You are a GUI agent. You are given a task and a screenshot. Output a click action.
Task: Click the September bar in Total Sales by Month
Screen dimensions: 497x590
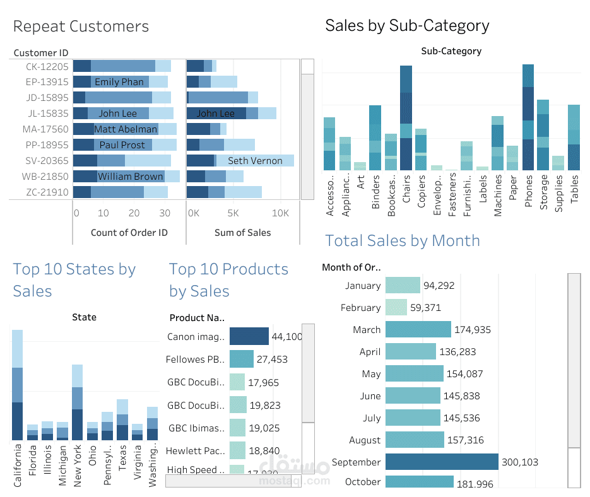pyautogui.click(x=442, y=462)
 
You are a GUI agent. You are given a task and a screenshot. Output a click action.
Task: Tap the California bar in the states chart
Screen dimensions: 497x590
pyautogui.click(x=17, y=385)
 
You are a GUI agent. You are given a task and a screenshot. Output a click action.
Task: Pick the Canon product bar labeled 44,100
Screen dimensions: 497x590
pyautogui.click(x=249, y=337)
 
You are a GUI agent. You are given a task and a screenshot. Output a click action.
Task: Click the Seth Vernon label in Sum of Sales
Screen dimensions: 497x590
pyautogui.click(x=255, y=161)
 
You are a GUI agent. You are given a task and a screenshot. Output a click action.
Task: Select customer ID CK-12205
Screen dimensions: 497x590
pyautogui.click(x=47, y=66)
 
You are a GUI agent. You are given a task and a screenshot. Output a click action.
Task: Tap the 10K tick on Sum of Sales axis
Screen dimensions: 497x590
pyautogui.click(x=280, y=213)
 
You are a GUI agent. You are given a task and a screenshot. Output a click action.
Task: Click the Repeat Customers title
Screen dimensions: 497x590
pyautogui.click(x=81, y=26)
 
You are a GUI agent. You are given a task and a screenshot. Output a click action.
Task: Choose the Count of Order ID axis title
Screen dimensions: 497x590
pyautogui.click(x=129, y=233)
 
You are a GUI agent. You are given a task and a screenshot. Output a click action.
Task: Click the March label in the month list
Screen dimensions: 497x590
pyautogui.click(x=367, y=330)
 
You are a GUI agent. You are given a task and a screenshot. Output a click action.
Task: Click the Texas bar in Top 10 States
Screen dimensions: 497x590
pyautogui.click(x=122, y=420)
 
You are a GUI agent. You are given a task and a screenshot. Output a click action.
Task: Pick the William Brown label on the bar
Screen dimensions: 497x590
pyautogui.click(x=130, y=177)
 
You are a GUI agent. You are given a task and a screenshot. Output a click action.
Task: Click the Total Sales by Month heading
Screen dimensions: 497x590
pyautogui.click(x=402, y=241)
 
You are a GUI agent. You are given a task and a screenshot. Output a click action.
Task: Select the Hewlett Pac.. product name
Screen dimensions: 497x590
pyautogui.click(x=195, y=451)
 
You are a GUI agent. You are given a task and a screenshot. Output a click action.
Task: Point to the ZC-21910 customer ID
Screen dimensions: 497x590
pyautogui.click(x=47, y=192)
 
